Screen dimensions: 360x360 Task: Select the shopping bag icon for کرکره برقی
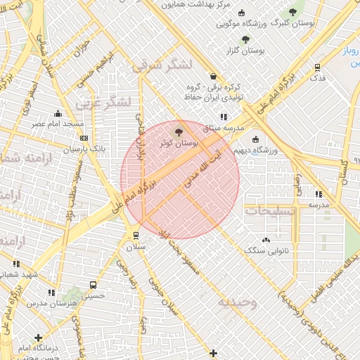coord(213,77)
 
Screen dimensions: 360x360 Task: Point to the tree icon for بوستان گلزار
coord(245,39)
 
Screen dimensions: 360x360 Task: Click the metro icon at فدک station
coord(318,68)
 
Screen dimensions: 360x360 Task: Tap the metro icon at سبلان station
coord(136,236)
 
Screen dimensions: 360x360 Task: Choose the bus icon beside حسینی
coord(94,285)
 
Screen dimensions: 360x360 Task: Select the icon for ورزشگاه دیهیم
coord(255,139)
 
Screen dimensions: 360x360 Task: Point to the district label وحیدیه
coord(238,302)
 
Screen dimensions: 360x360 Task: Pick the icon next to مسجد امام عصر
coord(79,124)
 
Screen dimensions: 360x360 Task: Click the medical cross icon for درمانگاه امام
coord(38,338)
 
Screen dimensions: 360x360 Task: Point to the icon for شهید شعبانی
coord(17,264)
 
